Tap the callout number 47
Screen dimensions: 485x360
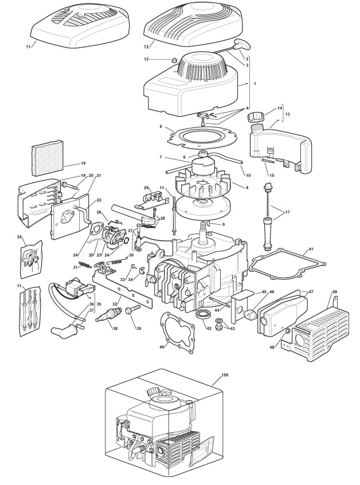[312, 292]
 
